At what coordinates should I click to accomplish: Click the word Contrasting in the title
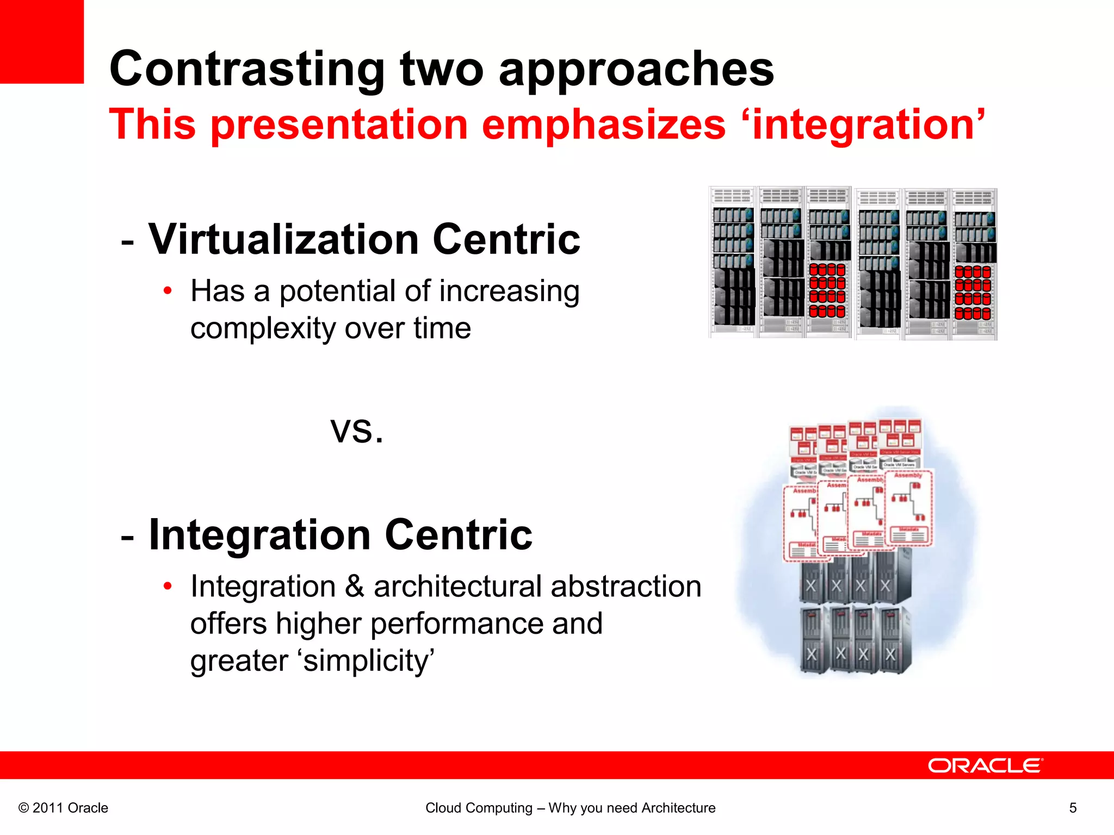pyautogui.click(x=247, y=69)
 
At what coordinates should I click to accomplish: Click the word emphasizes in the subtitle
pyautogui.click(x=604, y=125)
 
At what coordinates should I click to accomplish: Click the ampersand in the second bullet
pyautogui.click(x=355, y=587)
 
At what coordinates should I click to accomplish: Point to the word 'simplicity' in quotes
pyautogui.click(x=366, y=661)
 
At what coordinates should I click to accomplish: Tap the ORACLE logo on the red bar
pyautogui.click(x=985, y=765)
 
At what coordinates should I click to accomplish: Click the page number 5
pyautogui.click(x=1073, y=808)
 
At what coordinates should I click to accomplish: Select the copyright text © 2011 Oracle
pyautogui.click(x=63, y=808)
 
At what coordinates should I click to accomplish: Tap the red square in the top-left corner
pyautogui.click(x=41, y=41)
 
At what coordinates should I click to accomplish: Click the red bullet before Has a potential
pyautogui.click(x=168, y=291)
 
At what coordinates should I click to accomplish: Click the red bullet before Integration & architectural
pyautogui.click(x=168, y=586)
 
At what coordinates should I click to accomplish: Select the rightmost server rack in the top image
pyautogui.click(x=974, y=264)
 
